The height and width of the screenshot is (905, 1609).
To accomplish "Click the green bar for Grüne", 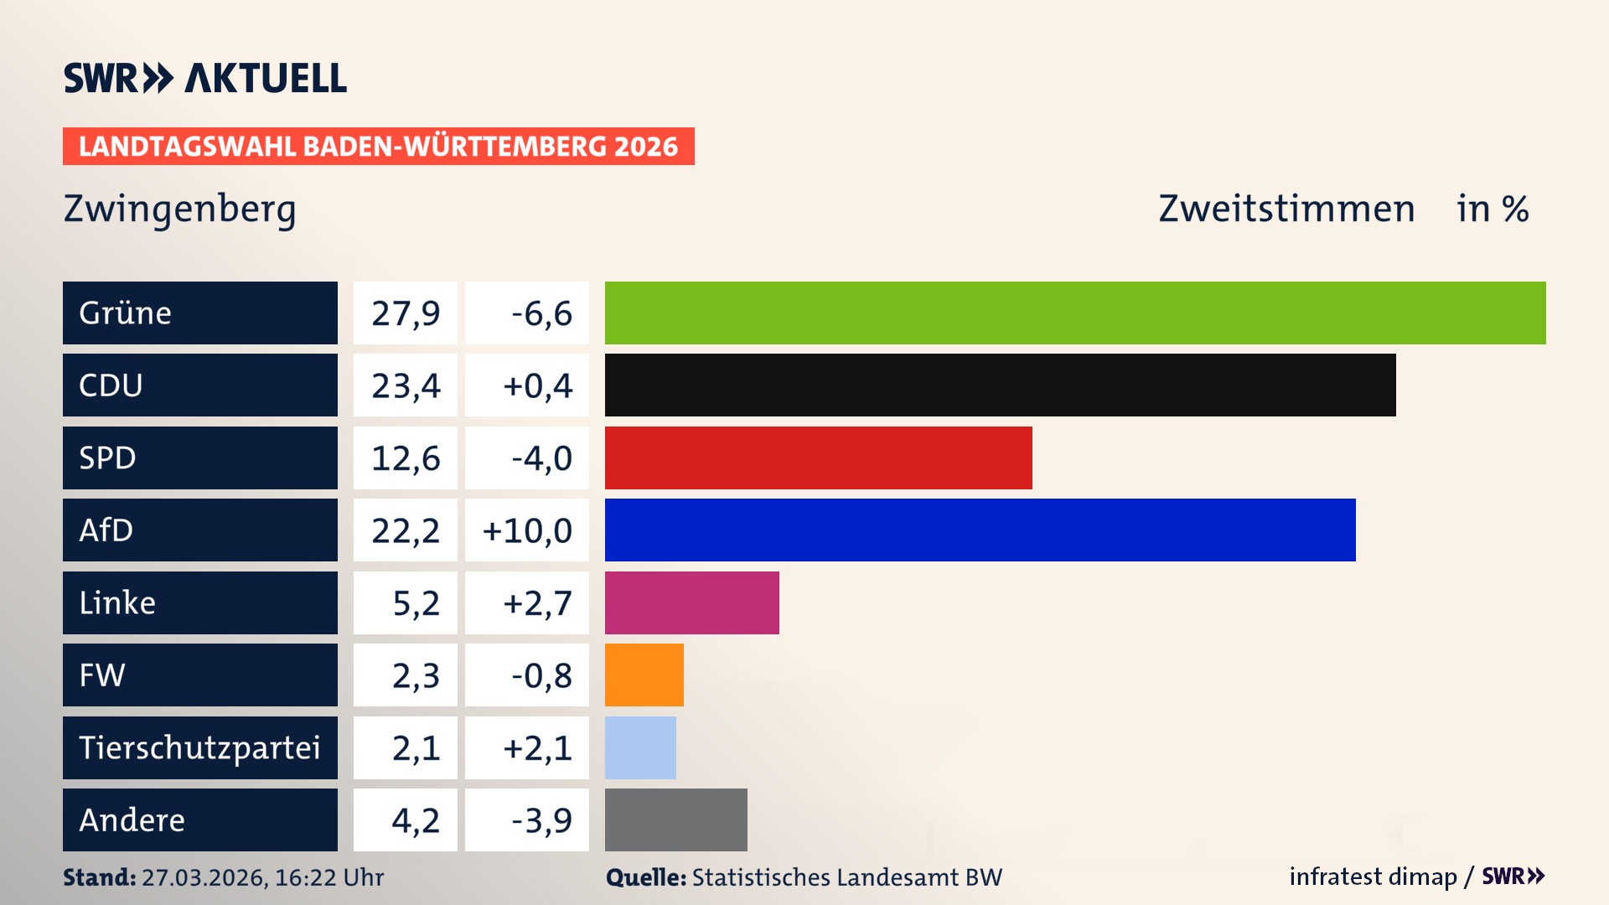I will tap(1075, 313).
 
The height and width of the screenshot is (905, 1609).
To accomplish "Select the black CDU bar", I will tap(1000, 385).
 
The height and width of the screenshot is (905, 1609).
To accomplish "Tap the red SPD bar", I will tap(818, 458).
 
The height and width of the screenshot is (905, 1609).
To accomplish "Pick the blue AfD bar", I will tap(980, 530).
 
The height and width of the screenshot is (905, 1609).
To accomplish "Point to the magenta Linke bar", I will tap(691, 602).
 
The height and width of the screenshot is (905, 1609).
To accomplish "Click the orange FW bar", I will tap(644, 675).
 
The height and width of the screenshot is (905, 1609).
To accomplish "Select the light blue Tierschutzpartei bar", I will tap(640, 747).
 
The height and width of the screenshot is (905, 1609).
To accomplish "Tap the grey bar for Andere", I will tap(675, 820).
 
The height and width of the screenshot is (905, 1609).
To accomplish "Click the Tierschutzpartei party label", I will tap(199, 747).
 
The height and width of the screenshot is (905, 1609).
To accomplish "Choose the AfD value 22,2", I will tap(406, 530).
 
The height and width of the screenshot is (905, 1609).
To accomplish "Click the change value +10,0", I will tap(527, 530).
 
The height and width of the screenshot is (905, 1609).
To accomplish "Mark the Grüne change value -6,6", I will tap(541, 313).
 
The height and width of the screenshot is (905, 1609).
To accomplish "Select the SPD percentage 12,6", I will tap(406, 458).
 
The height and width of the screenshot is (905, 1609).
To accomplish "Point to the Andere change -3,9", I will tap(541, 820).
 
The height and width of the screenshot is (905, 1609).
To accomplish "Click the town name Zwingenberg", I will tap(179, 209).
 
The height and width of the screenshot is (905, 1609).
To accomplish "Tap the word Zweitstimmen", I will tap(1286, 209).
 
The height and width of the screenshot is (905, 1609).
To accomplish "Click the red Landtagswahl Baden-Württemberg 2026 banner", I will tap(378, 147).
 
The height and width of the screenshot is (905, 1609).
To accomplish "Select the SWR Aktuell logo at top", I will tap(204, 78).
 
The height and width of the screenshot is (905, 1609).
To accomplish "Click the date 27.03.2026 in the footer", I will tap(204, 877).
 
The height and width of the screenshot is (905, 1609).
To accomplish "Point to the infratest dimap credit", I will tap(1373, 877).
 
